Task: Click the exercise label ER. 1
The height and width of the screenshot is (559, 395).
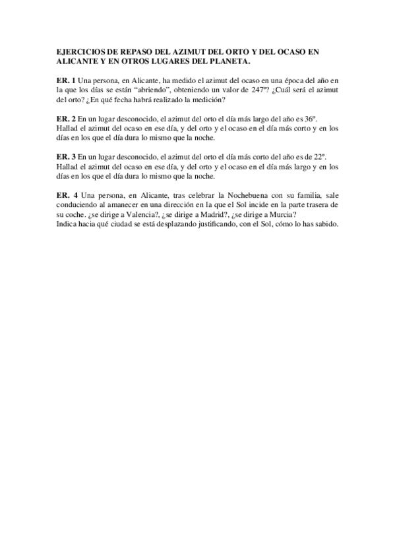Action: (65, 80)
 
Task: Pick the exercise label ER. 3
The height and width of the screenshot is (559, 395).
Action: (65, 157)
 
